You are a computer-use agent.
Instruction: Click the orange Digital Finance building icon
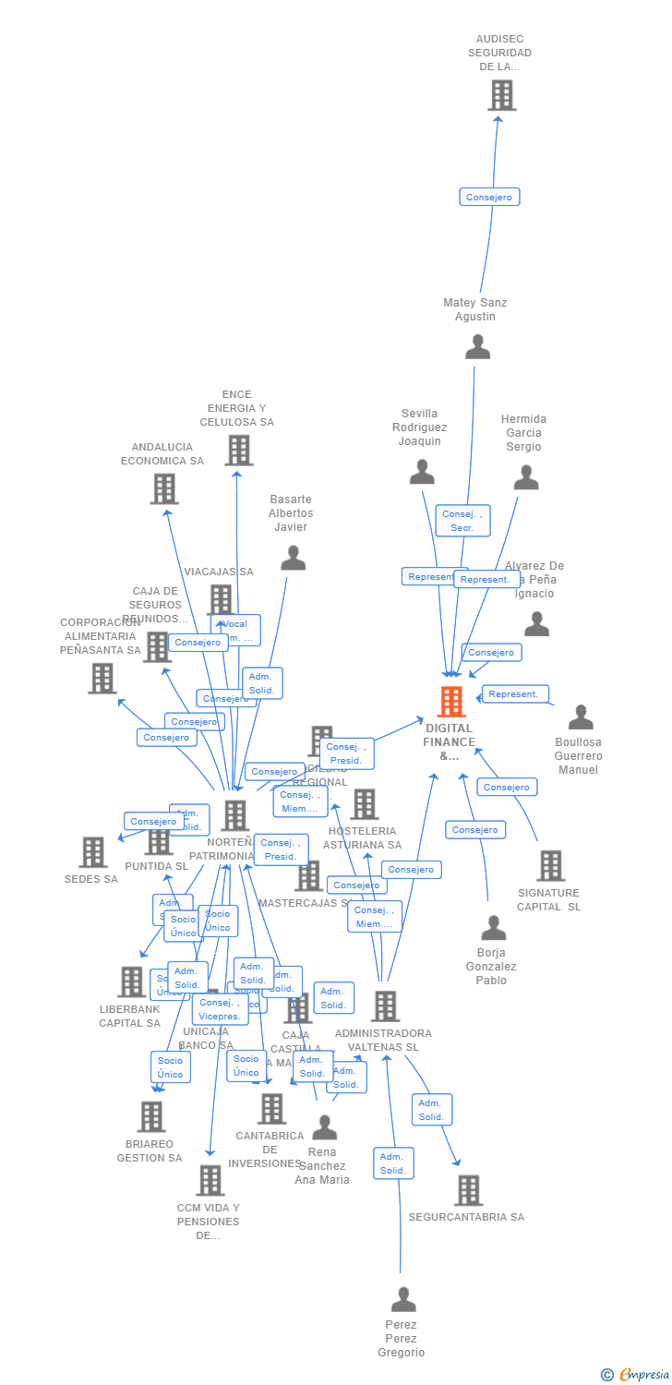[450, 702]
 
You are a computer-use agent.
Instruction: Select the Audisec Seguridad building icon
[501, 95]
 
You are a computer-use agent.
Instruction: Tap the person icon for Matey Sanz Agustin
[477, 347]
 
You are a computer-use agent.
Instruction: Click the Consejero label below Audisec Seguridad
[489, 197]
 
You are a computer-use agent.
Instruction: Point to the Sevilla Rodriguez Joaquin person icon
[422, 472]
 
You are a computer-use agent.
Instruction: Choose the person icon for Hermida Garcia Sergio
[526, 477]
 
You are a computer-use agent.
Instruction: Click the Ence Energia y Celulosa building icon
[239, 451]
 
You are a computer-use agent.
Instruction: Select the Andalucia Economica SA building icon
[164, 488]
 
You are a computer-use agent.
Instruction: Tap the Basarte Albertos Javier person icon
[293, 558]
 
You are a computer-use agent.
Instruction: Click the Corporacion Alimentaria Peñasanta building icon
[102, 678]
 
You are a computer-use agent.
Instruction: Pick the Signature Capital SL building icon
[550, 866]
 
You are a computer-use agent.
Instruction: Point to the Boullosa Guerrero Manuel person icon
[581, 717]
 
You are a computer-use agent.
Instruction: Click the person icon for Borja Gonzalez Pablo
[494, 928]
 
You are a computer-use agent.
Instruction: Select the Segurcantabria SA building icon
[468, 1190]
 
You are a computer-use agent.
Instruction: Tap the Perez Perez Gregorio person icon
[403, 1300]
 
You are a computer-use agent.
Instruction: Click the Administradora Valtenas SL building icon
[385, 1006]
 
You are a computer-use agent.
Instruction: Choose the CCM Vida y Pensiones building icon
[210, 1180]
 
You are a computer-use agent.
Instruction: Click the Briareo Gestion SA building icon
[151, 1116]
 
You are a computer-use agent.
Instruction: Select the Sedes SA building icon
[93, 852]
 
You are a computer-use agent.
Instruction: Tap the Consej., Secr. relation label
[462, 521]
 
